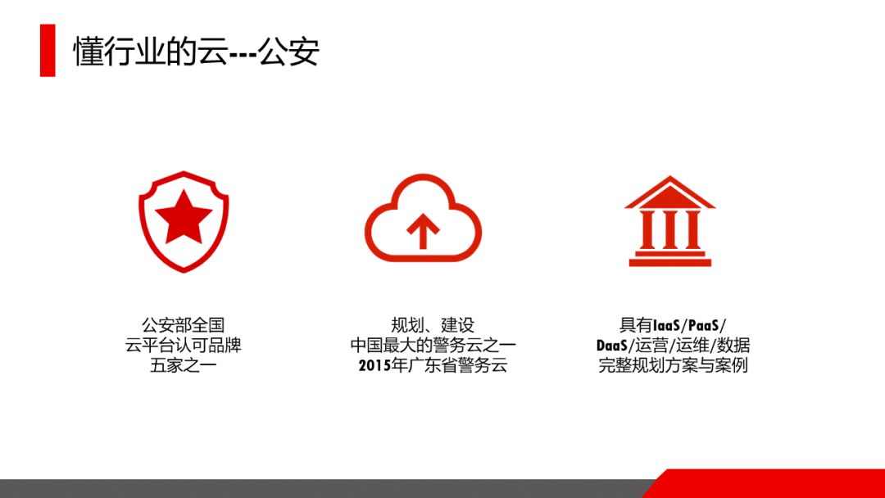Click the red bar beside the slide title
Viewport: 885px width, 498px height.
point(48,50)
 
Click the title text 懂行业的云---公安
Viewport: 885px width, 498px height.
point(196,52)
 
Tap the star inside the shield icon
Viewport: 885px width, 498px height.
point(184,216)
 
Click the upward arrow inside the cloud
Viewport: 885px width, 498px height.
point(423,231)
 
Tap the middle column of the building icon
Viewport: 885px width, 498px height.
point(670,229)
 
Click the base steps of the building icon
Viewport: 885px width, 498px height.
point(670,258)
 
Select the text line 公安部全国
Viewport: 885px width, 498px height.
point(183,325)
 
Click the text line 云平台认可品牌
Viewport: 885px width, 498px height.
point(183,345)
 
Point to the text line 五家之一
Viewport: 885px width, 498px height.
point(183,365)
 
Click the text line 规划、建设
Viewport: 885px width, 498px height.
point(433,325)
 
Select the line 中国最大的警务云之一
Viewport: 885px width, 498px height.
point(433,345)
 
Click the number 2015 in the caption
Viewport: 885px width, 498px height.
point(374,365)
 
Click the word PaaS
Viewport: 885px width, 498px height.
point(703,325)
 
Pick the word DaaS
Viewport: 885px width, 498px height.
point(612,346)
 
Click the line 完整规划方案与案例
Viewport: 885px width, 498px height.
point(673,365)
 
